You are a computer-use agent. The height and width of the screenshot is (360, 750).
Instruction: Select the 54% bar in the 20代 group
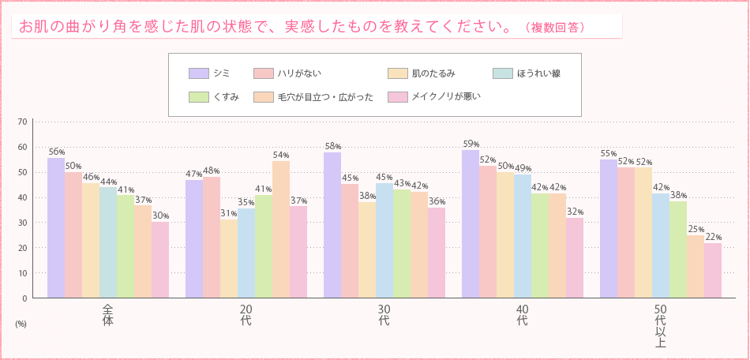pos(281,229)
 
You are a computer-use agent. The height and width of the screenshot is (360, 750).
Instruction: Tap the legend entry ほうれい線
pos(538,73)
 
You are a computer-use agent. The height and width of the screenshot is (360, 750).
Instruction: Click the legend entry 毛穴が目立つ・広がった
pos(324,97)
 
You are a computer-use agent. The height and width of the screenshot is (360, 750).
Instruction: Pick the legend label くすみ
pos(227,97)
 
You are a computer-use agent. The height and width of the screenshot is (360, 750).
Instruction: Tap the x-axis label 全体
pos(108,315)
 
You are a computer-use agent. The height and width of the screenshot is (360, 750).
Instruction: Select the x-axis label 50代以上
pos(661,325)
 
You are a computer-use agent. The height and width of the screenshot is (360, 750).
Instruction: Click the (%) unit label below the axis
pos(21,324)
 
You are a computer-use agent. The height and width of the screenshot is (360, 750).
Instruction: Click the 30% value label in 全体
pos(160,216)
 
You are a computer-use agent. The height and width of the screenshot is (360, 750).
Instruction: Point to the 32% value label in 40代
pos(575,211)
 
